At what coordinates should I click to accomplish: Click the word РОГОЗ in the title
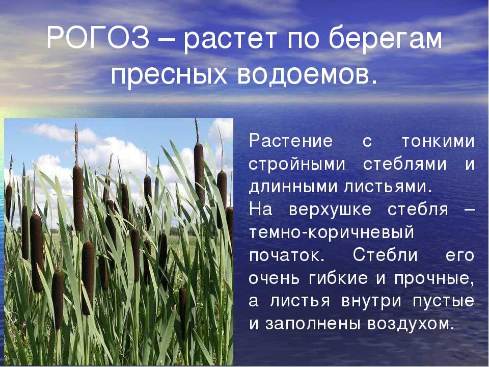pos(98,39)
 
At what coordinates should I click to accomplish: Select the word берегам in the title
pos(385,40)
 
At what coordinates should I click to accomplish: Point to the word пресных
pos(169,75)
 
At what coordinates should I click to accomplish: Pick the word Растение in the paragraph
pos(291,141)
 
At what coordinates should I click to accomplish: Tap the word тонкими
pos(438,141)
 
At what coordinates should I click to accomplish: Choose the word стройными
pos(297,164)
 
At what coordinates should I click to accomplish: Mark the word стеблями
pos(405,164)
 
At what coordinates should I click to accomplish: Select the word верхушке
pos(330,209)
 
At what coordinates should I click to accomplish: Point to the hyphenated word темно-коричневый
pos(332,232)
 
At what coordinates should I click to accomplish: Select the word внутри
pos(371,301)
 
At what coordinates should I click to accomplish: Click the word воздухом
pos(410,324)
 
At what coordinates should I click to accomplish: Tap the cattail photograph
pos(119,242)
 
